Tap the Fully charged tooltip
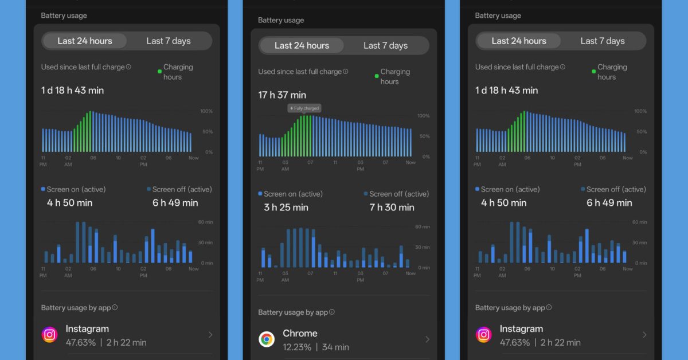(x=304, y=108)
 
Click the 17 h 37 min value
(x=282, y=95)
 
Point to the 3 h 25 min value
(x=286, y=208)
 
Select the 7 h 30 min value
(x=392, y=208)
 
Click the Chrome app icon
(x=267, y=339)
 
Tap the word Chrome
(x=300, y=333)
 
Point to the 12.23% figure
(x=297, y=347)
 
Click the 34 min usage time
(x=335, y=347)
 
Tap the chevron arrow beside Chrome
(x=427, y=339)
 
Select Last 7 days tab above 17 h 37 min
(x=386, y=45)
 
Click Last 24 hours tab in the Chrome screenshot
(x=302, y=45)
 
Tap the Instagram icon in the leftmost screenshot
(x=50, y=335)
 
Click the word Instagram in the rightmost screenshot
(x=521, y=328)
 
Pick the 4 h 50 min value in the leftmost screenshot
(x=69, y=203)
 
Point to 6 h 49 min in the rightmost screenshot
(x=609, y=203)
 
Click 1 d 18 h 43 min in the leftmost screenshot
(x=72, y=90)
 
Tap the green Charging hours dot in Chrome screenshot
(x=377, y=76)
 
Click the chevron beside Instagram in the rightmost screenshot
(x=644, y=335)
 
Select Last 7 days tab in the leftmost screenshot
(x=169, y=41)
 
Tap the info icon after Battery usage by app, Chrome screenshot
(x=332, y=312)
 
